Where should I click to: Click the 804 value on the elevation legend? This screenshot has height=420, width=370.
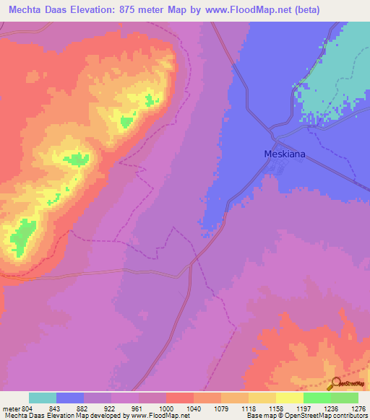tap(27, 408)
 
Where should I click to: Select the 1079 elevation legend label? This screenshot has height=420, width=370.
tap(222, 408)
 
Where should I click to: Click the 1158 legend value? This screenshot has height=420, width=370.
tap(277, 408)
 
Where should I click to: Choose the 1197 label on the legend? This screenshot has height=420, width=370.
tap(304, 408)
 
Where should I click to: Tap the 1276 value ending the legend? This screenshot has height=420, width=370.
tap(359, 408)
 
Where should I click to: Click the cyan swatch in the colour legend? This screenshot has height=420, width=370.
tap(43, 398)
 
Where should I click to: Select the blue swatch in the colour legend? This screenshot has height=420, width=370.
tap(70, 398)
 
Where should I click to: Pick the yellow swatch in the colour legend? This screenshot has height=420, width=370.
tap(290, 398)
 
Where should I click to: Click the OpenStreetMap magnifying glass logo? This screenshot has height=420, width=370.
tap(336, 385)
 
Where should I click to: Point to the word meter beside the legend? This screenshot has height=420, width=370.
tap(11, 408)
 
